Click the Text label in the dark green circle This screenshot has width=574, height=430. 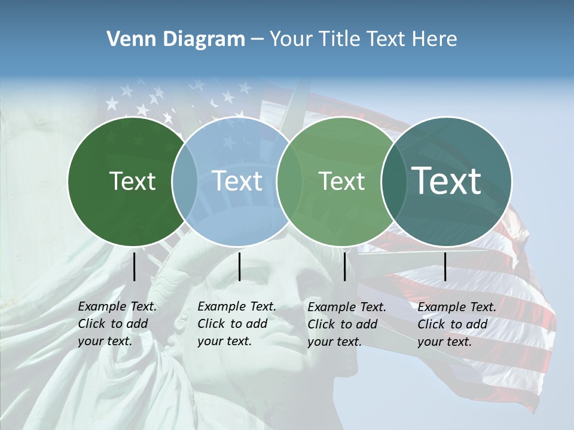click(133, 181)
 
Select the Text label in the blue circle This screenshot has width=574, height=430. click(237, 181)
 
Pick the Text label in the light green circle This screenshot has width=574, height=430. click(342, 181)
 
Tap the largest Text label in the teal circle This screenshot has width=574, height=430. click(447, 181)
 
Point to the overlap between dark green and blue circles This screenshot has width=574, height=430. click(185, 181)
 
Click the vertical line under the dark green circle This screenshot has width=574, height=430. click(135, 266)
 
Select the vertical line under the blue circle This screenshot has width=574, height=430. click(239, 266)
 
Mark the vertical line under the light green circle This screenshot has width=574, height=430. click(344, 266)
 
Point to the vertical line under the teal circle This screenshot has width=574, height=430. click(445, 266)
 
